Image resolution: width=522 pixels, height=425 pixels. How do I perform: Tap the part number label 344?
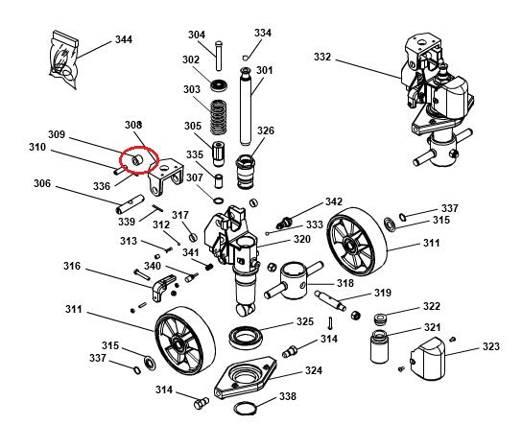pyautogui.click(x=123, y=39)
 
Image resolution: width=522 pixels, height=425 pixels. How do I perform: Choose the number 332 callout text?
pyautogui.click(x=322, y=58)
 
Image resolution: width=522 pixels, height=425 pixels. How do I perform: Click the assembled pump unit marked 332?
pyautogui.click(x=432, y=91)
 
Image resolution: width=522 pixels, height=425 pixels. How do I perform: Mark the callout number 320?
pyautogui.click(x=301, y=239)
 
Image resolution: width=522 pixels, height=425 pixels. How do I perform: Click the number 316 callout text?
pyautogui.click(x=73, y=266)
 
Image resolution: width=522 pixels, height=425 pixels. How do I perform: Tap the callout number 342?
pyautogui.click(x=333, y=202)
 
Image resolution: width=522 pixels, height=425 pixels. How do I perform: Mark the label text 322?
pyautogui.click(x=432, y=307)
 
